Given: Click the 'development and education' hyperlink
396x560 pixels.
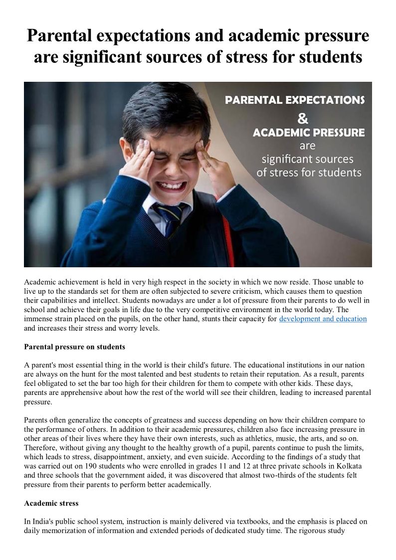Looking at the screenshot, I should tap(323, 319).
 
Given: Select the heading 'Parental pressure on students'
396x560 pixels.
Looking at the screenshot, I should tap(74, 346).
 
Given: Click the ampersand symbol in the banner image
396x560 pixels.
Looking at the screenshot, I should tap(303, 119).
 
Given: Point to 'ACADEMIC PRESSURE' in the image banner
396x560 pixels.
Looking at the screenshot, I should tap(308, 133).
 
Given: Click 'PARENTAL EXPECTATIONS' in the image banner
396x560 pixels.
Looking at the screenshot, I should tap(294, 100).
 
